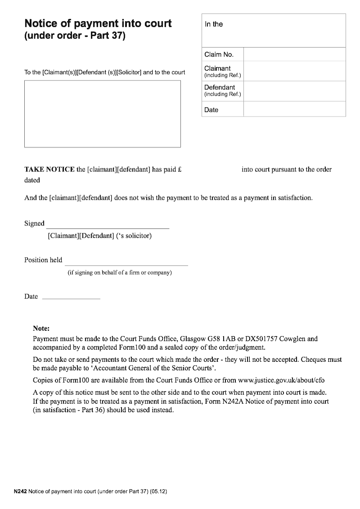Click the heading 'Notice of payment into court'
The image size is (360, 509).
[98, 23]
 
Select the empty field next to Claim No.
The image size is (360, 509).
[294, 54]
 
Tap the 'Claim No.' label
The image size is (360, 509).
[219, 54]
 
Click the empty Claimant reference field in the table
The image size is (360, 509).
[294, 71]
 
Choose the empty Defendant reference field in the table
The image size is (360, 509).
[294, 90]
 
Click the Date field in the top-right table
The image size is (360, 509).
[294, 109]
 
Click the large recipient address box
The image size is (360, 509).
[102, 114]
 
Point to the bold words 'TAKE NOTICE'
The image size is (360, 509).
[49, 170]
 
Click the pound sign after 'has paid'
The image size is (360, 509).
[179, 170]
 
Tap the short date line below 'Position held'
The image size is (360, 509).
[71, 297]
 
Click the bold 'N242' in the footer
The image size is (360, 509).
[20, 492]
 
